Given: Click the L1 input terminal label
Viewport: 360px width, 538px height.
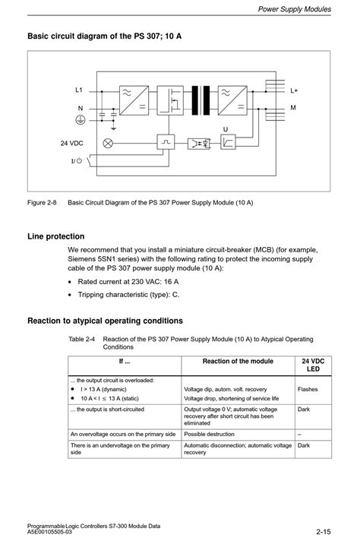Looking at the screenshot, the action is (x=79, y=90).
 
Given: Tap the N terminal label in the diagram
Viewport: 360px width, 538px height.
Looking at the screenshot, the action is (x=81, y=108).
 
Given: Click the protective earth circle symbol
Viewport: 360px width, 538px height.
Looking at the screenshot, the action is (x=81, y=120).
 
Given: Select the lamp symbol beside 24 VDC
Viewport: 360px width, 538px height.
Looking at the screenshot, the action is (x=108, y=143).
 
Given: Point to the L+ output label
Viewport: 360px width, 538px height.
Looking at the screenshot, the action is (x=294, y=90).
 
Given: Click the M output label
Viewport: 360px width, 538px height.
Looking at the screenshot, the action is (x=293, y=108).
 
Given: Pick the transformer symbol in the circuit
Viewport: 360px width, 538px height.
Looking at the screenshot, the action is (x=201, y=100).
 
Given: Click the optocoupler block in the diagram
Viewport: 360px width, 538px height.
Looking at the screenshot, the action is (x=199, y=144).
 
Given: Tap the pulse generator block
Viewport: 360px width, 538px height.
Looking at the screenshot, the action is (x=166, y=141).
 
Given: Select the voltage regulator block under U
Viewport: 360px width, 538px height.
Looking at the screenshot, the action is (x=228, y=141).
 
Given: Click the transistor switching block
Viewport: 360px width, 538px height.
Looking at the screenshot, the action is (x=170, y=100).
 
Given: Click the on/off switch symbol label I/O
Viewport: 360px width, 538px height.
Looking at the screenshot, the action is (x=77, y=160).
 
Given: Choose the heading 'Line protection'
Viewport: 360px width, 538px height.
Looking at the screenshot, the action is (x=56, y=236).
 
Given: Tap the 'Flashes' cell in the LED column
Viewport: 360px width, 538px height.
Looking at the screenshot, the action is (x=308, y=389).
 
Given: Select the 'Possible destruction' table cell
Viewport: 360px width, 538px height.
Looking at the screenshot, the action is (x=209, y=434).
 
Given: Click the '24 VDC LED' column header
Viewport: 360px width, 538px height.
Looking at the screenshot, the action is (x=313, y=365).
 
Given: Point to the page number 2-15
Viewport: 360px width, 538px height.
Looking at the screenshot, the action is (x=324, y=532).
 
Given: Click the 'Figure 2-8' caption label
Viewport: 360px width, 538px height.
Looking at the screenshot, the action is (x=42, y=202).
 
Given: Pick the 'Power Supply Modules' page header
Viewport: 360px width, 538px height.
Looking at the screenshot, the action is (x=295, y=9).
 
